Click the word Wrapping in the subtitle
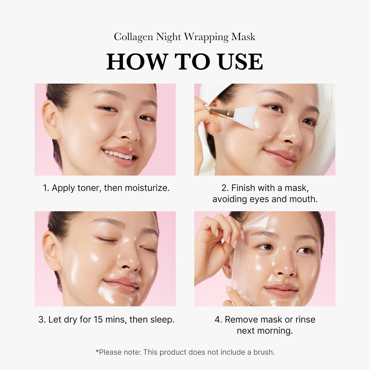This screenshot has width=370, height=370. [206, 37]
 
